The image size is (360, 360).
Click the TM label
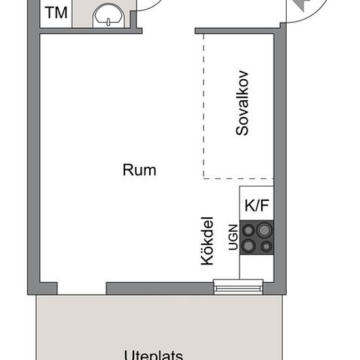[x=56, y=12]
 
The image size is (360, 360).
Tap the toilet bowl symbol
[x=109, y=16]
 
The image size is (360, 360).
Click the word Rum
[x=139, y=170]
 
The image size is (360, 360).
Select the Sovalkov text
[x=242, y=103]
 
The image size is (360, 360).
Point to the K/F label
[x=257, y=206]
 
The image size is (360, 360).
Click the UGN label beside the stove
[x=234, y=237]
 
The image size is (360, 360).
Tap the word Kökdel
[x=207, y=241]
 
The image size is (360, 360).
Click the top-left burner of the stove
[x=249, y=230]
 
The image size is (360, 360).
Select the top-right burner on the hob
[x=264, y=230]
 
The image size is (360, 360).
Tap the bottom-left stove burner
[x=249, y=246]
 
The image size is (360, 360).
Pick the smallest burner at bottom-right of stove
[x=266, y=247]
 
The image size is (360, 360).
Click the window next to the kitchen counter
[x=238, y=287]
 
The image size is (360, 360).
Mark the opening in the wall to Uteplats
[x=82, y=289]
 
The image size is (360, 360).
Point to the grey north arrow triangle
[x=300, y=5]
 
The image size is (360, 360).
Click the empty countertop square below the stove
[x=257, y=267]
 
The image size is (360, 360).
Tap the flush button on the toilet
[x=109, y=22]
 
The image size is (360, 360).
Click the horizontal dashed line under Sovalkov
[x=238, y=178]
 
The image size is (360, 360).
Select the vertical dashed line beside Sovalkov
[x=204, y=106]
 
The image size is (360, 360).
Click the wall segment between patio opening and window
[x=160, y=289]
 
